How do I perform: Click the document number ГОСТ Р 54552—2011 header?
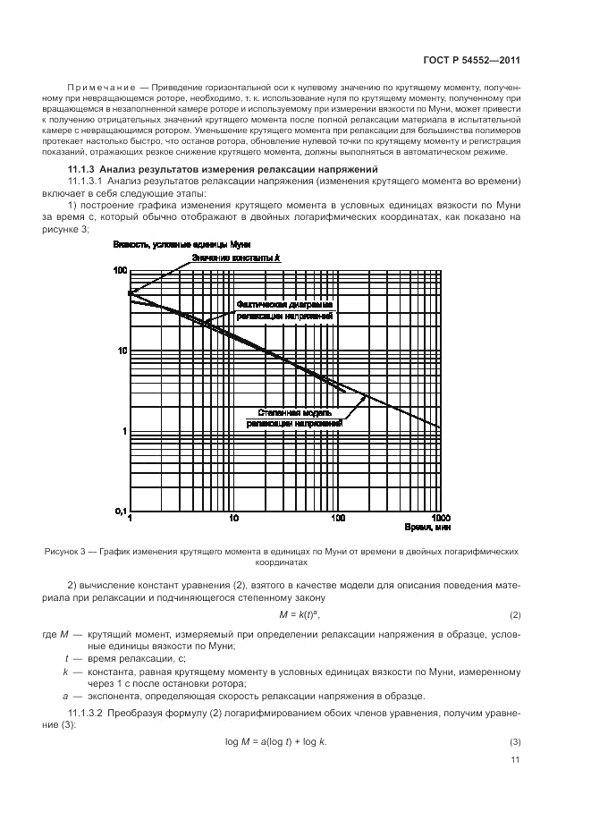(472, 60)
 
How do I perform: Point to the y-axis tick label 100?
(120, 270)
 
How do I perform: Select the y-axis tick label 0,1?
(119, 511)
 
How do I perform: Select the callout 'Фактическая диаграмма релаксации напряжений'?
(285, 310)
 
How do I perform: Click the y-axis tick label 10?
(122, 351)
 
